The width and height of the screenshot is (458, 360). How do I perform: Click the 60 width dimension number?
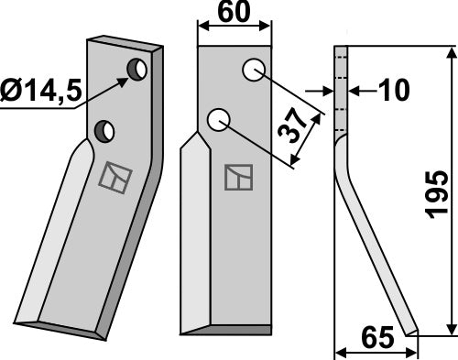234,12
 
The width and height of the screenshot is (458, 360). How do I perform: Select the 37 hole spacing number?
292,125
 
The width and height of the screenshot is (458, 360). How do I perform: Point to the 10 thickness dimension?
394,91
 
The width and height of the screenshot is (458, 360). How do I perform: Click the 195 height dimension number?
438,195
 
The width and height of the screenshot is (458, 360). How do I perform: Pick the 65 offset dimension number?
377,338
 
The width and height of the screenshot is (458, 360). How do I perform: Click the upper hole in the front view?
254,70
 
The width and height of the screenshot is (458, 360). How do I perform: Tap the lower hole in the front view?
218,119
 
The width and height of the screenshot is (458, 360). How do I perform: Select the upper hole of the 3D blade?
137,70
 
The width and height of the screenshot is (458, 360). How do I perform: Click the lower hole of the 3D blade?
104,132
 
